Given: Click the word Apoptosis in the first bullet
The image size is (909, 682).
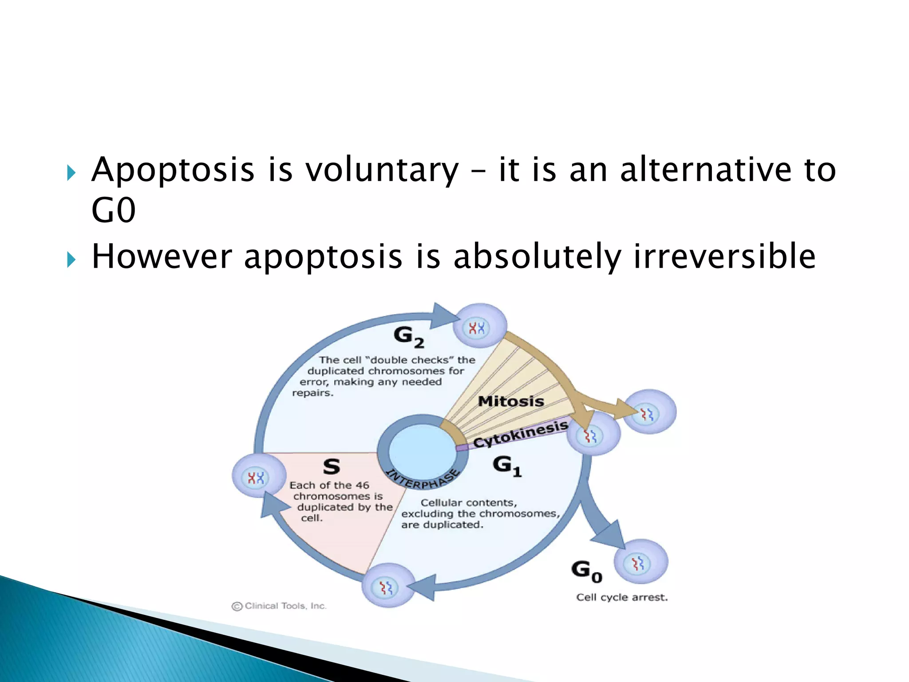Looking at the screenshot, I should point(173,170).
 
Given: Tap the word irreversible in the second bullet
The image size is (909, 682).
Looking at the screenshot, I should point(724,257).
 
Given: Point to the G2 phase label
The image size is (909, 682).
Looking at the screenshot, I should point(408,337).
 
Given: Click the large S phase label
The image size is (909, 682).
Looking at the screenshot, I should point(332,467).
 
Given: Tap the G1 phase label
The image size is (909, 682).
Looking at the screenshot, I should point(507,466).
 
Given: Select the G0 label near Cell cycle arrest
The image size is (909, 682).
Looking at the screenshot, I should point(586,571).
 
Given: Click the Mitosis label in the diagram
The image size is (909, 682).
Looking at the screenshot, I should point(511,401).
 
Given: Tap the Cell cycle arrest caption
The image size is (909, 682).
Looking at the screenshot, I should point(621,598).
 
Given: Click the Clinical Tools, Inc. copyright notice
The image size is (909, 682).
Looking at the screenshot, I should point(279,606).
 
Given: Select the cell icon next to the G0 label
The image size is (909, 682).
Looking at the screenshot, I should point(640,562).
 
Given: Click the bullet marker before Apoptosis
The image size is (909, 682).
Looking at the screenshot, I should point(71,173).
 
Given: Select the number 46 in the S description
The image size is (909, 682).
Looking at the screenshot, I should point(362,485).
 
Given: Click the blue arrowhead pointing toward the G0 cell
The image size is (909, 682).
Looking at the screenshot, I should point(610,535).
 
